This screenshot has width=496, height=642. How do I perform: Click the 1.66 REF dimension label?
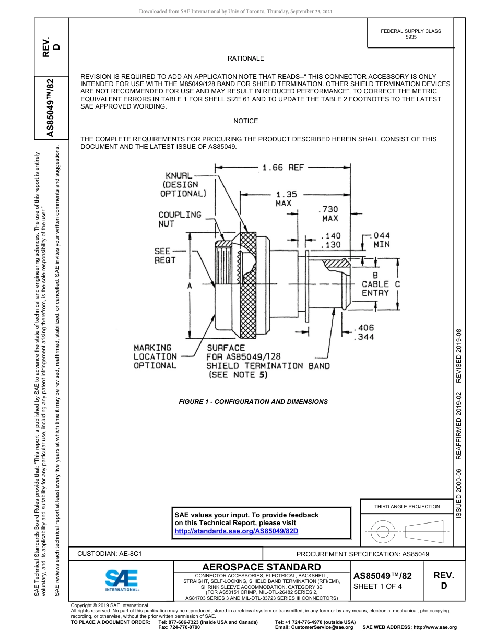coord(282,168)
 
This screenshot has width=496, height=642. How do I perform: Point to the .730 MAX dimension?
coord(329,213)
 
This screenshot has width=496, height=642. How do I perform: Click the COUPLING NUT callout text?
coord(180,219)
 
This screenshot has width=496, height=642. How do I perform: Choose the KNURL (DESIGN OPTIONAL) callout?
coord(183,185)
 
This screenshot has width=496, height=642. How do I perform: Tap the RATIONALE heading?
coord(245,58)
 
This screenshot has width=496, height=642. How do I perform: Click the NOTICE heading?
coord(245,121)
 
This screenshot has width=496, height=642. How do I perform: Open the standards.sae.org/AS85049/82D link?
coord(235,531)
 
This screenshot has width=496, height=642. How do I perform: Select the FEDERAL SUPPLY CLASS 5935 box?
coord(410,34)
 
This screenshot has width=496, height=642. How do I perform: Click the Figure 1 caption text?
coord(253,402)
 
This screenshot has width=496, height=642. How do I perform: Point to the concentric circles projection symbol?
coord(383,532)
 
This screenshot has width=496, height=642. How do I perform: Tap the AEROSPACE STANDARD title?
coord(262,567)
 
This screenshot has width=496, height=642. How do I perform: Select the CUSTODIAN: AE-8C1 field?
coord(110,553)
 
